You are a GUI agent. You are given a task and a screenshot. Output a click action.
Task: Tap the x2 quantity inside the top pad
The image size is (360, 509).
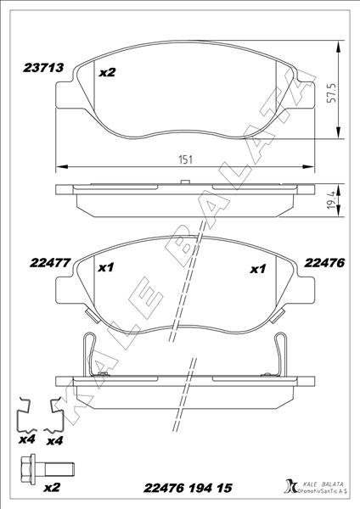(x=107, y=73)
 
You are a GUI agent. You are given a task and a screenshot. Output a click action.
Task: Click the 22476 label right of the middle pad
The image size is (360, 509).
(x=323, y=264)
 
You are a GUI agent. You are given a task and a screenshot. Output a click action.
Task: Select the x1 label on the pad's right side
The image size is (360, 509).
(x=258, y=269)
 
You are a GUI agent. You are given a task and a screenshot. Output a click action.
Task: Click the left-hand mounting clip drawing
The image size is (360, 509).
(x=28, y=415)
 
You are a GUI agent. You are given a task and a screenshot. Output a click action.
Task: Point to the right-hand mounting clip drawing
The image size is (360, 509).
(x=60, y=415)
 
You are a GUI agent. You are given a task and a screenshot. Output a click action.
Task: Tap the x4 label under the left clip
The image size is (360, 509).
(x=25, y=440)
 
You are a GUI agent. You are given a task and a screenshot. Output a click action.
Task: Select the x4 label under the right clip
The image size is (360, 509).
(x=56, y=440)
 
